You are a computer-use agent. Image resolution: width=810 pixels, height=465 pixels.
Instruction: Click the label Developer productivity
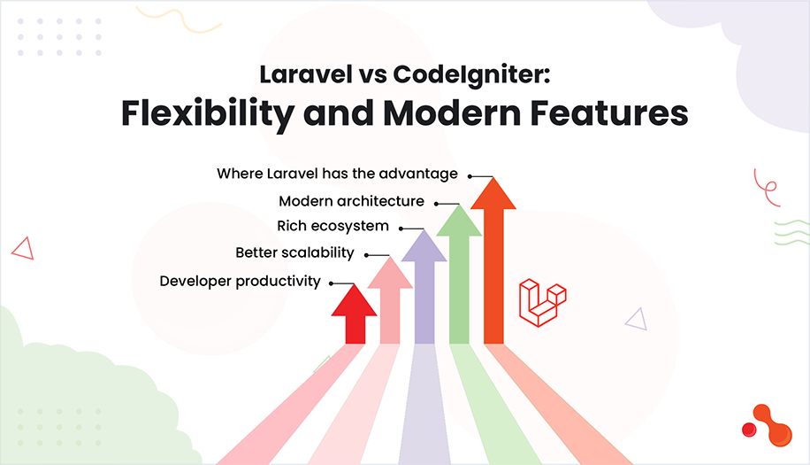240,282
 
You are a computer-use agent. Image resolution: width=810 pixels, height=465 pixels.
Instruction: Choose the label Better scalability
294,253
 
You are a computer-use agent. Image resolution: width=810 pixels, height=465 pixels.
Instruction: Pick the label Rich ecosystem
332,227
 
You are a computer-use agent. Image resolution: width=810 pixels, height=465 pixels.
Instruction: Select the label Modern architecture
351,201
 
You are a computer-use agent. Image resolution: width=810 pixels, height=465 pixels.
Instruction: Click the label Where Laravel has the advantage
337,174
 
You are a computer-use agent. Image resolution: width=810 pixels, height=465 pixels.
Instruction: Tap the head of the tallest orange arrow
493,194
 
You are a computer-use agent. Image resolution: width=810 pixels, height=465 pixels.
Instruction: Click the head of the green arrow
459,221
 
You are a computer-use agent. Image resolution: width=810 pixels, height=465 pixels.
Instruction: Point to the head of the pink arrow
390,274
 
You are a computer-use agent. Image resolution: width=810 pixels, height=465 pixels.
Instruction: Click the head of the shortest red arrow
355,300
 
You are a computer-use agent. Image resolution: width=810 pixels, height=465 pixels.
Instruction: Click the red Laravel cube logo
541,302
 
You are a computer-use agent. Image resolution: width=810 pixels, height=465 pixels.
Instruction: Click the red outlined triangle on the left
22,248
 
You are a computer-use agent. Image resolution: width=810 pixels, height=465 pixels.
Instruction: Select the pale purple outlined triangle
635,319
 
